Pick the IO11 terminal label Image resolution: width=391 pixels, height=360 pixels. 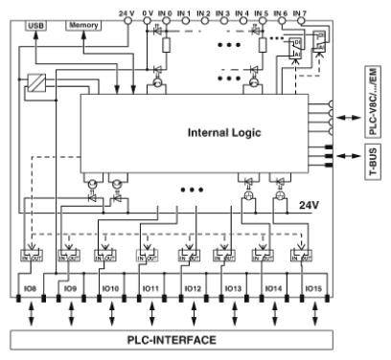tap(149, 287)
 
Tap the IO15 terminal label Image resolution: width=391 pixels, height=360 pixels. tap(311, 287)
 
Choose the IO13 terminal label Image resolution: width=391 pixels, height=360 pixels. tap(233, 287)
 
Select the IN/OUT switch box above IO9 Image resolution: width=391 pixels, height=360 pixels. tap(69, 256)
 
